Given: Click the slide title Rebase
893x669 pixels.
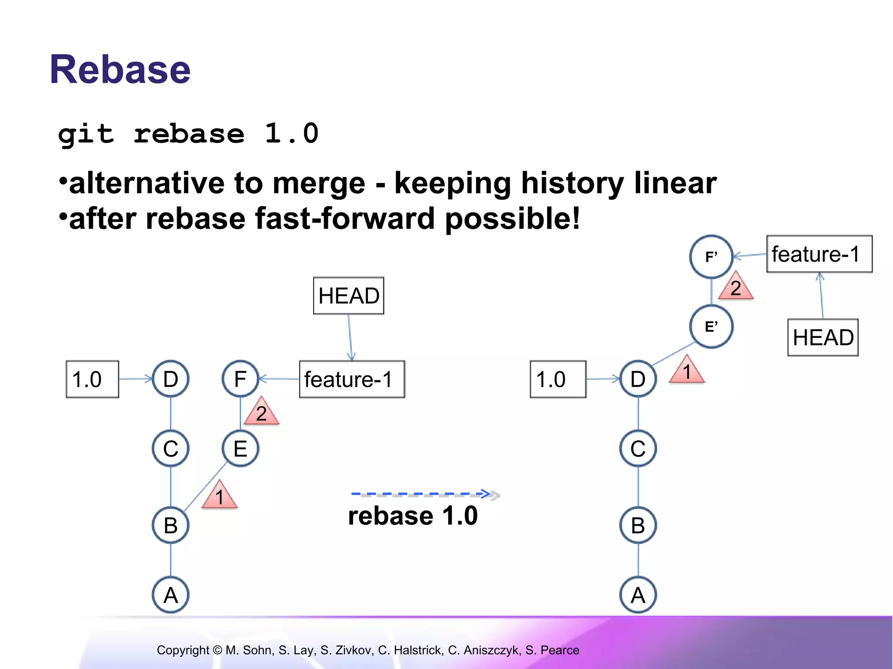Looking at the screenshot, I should coord(120,70).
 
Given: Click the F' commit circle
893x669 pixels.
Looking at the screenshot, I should coord(711,257).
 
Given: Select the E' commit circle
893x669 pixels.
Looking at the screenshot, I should coord(711,327).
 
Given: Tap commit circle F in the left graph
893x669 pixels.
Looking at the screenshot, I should coord(240,379).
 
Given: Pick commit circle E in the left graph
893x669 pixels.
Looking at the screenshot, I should coord(240,449).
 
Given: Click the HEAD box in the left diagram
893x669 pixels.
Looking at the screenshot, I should coord(349,296).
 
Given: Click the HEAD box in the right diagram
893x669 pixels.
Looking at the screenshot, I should coord(823,338).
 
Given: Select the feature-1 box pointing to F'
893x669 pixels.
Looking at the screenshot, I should coord(819,254).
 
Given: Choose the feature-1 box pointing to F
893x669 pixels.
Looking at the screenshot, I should coord(352,379).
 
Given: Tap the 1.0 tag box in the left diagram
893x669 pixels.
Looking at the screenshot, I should coord(92,379).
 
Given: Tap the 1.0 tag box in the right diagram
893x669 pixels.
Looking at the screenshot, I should coord(558,379).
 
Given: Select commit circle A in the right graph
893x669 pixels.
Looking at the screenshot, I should coord(638,595).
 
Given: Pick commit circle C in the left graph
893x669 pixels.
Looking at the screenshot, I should coord(170,449).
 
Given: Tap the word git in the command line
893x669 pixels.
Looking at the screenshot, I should coord(86,134).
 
